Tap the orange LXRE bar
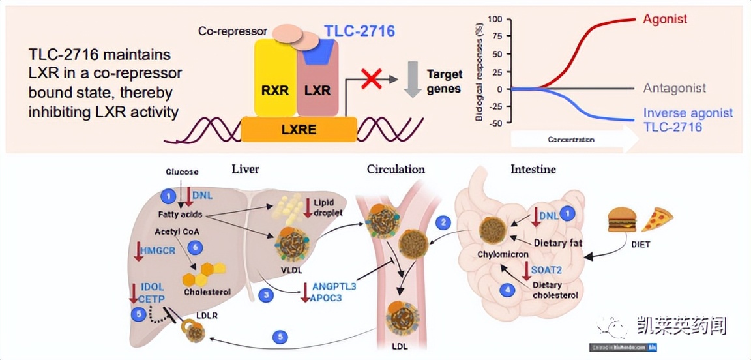(299, 129)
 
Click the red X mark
(372, 80)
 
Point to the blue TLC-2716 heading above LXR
(359, 30)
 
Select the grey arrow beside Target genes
(412, 79)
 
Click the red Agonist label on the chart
(664, 20)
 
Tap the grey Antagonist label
(674, 88)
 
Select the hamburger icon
(621, 219)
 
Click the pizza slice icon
(656, 220)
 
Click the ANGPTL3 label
(334, 286)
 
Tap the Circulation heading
(396, 170)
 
